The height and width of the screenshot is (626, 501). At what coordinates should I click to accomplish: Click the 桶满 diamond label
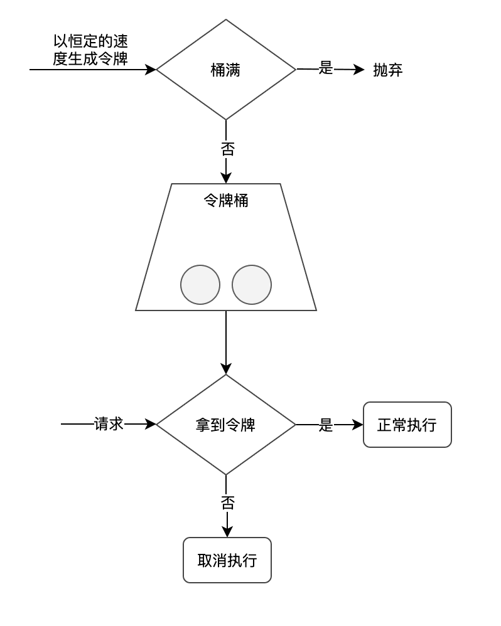click(225, 70)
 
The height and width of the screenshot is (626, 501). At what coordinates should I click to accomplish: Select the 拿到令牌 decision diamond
click(225, 425)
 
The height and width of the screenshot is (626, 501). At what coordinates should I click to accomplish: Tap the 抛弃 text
click(387, 70)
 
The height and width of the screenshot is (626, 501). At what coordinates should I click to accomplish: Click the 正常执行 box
click(407, 425)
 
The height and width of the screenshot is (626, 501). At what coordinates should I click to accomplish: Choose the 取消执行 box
click(227, 560)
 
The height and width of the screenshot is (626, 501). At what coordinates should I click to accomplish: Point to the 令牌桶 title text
click(225, 201)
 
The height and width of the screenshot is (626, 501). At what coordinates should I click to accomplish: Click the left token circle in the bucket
click(200, 285)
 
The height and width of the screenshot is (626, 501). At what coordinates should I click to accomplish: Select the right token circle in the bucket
click(252, 285)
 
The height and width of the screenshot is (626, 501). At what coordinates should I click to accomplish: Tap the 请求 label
click(108, 424)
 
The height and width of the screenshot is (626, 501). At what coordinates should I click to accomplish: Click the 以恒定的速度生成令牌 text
click(90, 50)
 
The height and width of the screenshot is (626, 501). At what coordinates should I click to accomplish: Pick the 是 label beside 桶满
click(325, 68)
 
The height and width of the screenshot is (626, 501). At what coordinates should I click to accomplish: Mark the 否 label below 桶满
click(227, 149)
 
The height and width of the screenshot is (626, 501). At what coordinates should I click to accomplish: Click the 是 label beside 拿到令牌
click(325, 425)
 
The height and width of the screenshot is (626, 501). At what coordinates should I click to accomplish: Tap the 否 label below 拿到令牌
click(227, 502)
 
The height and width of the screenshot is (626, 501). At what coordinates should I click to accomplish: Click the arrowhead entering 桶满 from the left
click(151, 70)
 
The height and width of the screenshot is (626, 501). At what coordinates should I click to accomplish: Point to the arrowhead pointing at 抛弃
click(359, 70)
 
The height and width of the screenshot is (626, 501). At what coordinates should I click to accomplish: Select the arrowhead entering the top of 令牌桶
click(226, 178)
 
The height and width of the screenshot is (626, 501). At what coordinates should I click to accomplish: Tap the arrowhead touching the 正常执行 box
click(358, 425)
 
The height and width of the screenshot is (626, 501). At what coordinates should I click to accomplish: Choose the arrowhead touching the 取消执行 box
click(227, 532)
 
